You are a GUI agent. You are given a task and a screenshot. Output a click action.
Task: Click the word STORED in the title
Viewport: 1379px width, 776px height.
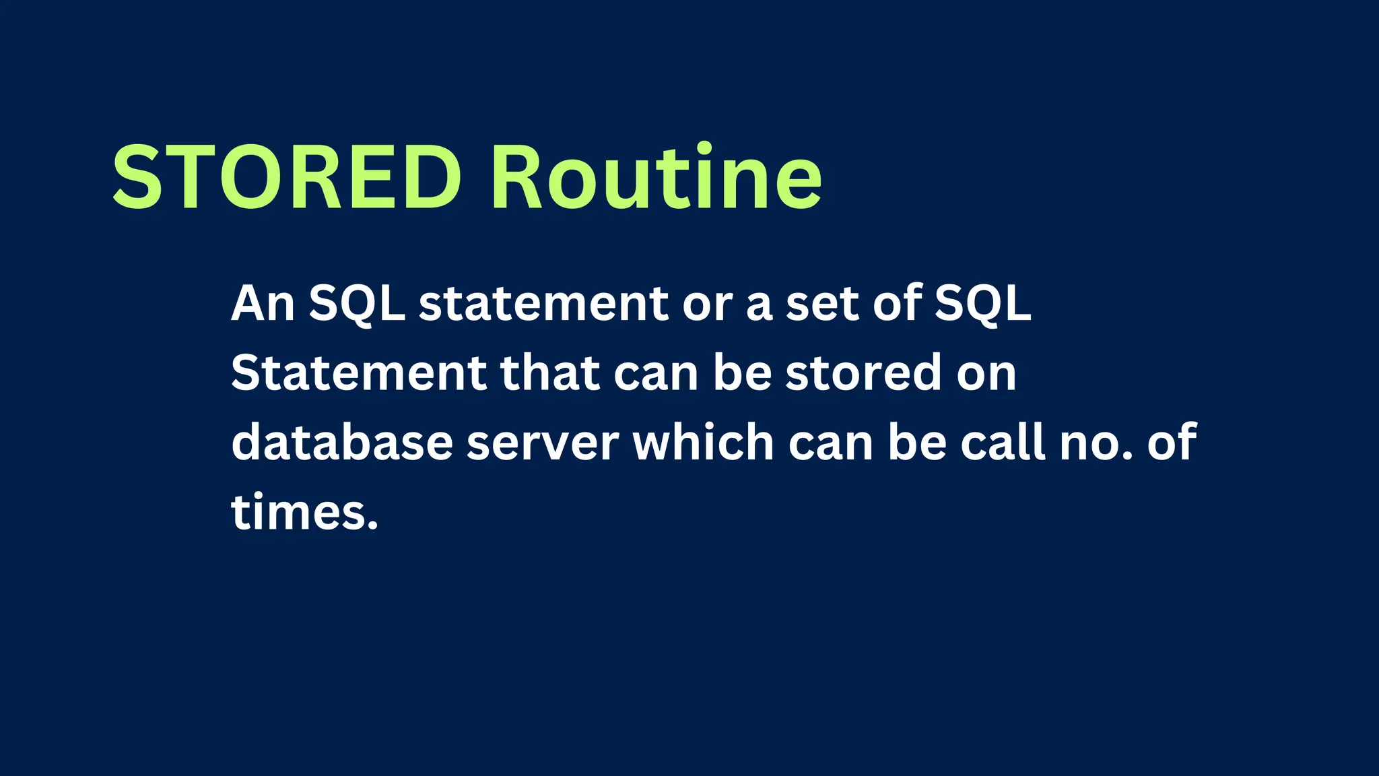click(x=286, y=179)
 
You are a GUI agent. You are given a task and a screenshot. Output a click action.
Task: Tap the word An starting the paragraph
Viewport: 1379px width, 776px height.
click(x=263, y=304)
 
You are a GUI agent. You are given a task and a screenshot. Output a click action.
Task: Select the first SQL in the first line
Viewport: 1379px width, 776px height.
click(x=357, y=305)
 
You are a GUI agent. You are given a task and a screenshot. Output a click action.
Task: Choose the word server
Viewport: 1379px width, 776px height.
click(x=543, y=445)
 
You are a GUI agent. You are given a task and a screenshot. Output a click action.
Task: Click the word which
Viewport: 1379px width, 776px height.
click(x=704, y=443)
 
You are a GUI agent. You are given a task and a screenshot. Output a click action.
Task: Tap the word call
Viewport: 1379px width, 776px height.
click(x=1003, y=443)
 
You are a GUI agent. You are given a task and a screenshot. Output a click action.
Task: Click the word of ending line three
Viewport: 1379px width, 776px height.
click(x=1172, y=443)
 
